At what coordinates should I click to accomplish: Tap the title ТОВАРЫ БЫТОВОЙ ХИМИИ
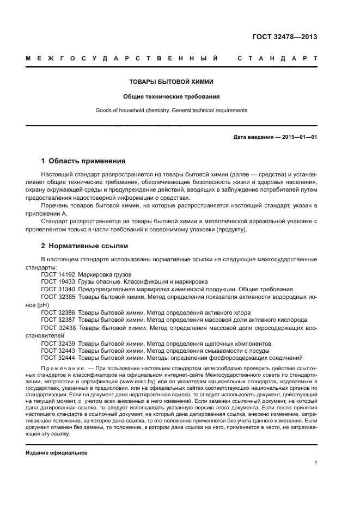(171, 82)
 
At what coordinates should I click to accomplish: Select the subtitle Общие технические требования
(171, 96)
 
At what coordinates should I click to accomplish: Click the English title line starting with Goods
(171, 110)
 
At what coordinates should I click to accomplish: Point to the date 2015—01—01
(298, 137)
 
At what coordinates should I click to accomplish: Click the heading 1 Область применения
(83, 161)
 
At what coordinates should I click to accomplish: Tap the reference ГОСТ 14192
(58, 274)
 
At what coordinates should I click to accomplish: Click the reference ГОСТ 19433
(58, 282)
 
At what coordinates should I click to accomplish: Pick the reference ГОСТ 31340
(58, 289)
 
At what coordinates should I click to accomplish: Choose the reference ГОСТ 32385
(58, 297)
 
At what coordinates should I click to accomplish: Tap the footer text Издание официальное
(57, 453)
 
